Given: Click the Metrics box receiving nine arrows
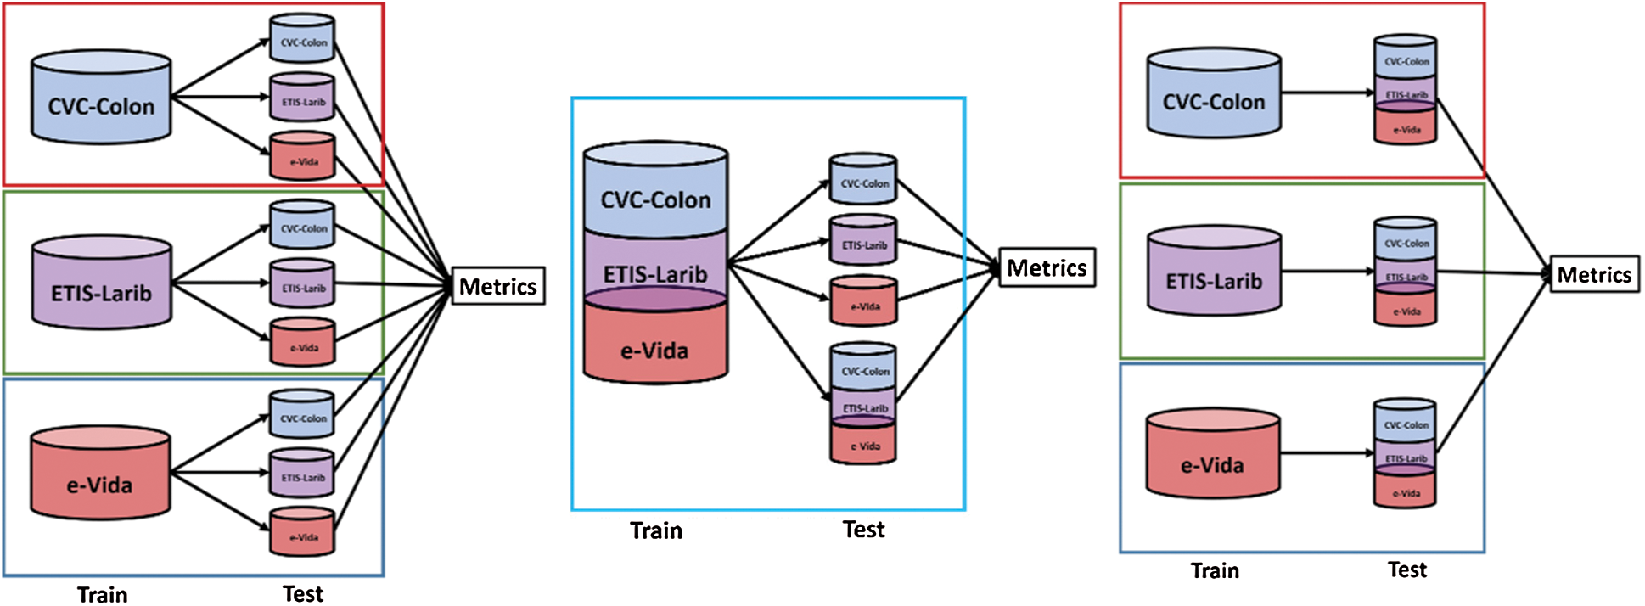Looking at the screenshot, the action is [x=497, y=286].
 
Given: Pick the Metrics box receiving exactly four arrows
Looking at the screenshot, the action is [x=1047, y=267].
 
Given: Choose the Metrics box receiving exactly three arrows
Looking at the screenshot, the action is [x=1594, y=274].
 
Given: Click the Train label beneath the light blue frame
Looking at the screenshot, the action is [x=656, y=530].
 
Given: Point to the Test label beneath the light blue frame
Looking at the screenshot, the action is [x=863, y=530].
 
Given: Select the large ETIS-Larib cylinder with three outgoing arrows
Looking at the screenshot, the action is [x=102, y=283].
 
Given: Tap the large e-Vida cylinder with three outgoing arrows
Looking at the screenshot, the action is [x=100, y=473].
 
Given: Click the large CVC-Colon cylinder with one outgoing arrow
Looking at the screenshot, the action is [x=1214, y=93].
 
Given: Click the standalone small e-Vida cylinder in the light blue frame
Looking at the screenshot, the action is [x=863, y=300].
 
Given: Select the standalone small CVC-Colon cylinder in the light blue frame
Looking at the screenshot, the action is [x=863, y=178].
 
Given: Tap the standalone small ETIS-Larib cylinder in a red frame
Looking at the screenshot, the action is [x=303, y=98].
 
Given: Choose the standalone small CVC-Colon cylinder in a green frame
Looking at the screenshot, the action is [x=303, y=224].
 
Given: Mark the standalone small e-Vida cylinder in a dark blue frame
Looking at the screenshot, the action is [x=303, y=532].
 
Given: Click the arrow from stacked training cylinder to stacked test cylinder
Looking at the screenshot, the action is [x=779, y=332].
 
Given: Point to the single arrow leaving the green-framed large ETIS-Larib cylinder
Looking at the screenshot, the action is [x=1328, y=272].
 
